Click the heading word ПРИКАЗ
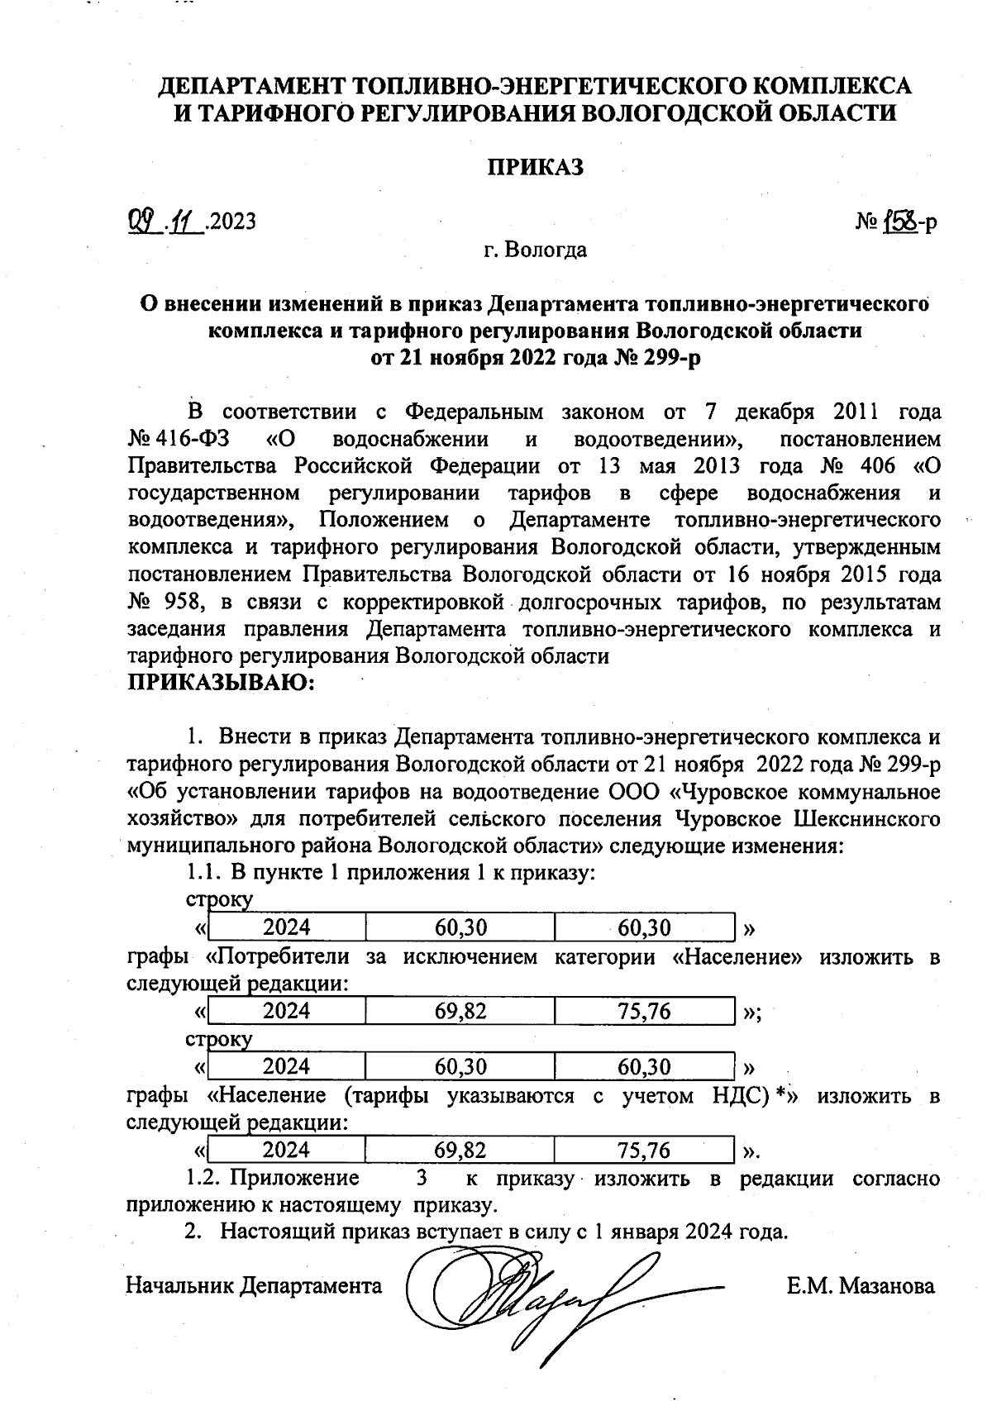(534, 167)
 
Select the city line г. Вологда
(536, 250)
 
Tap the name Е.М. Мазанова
(861, 1286)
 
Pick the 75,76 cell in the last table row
(644, 1150)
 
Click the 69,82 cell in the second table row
(460, 1011)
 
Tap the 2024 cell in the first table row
(286, 927)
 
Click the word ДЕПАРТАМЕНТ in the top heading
(252, 85)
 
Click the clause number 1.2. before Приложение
(203, 1178)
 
